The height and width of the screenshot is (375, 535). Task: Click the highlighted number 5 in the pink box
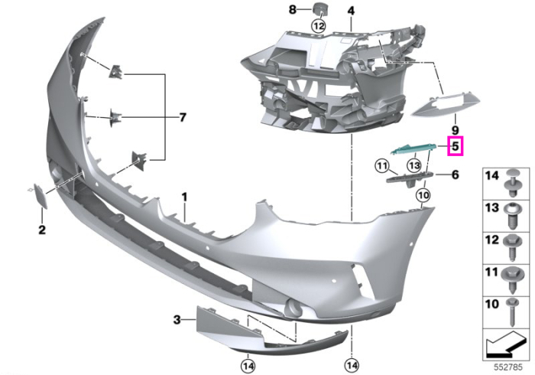(x=456, y=146)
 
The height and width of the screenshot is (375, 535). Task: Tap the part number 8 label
(x=293, y=9)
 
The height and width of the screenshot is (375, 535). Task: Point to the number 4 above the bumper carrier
(x=351, y=11)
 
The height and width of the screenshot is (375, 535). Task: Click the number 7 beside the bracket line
(x=183, y=118)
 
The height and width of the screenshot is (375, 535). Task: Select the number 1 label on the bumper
(x=184, y=197)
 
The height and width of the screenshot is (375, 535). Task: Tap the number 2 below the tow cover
(x=41, y=230)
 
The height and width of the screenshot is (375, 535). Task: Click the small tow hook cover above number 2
(x=39, y=196)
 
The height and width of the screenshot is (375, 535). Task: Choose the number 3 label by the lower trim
(x=177, y=320)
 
